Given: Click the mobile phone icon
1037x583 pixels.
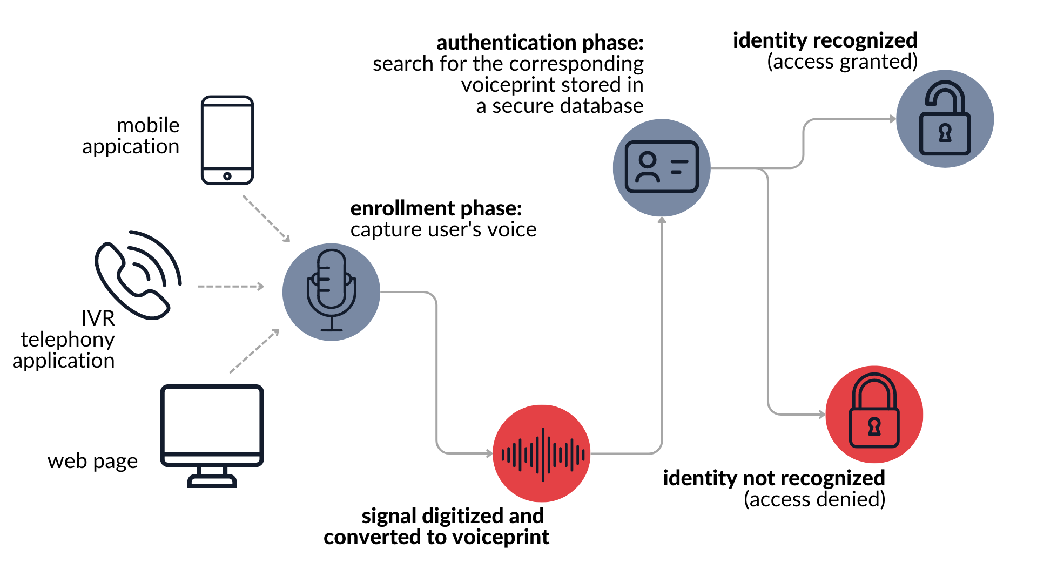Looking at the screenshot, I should coord(227,140).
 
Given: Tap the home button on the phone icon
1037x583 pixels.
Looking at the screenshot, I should coord(227,176).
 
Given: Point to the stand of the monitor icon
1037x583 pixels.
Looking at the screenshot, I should coord(212,477).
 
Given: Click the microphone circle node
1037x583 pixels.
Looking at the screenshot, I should coord(331,291).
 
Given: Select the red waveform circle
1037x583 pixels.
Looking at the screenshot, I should coord(542,453).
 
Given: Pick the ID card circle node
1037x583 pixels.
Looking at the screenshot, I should coord(662,167).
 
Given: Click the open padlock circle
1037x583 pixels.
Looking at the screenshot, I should coord(945,119).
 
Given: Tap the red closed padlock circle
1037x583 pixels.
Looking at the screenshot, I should coord(874,414).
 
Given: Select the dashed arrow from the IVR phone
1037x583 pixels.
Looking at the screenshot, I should coord(230,286).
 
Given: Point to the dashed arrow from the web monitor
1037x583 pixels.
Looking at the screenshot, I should coord(254,351).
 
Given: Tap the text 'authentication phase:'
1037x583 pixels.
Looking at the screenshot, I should coord(540,43).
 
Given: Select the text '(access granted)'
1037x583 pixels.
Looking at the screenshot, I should coord(842,62).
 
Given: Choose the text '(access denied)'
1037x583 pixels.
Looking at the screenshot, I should coord(814,499).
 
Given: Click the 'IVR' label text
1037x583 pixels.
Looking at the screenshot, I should coord(98,318).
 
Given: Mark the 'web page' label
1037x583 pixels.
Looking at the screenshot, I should coord(92,462).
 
